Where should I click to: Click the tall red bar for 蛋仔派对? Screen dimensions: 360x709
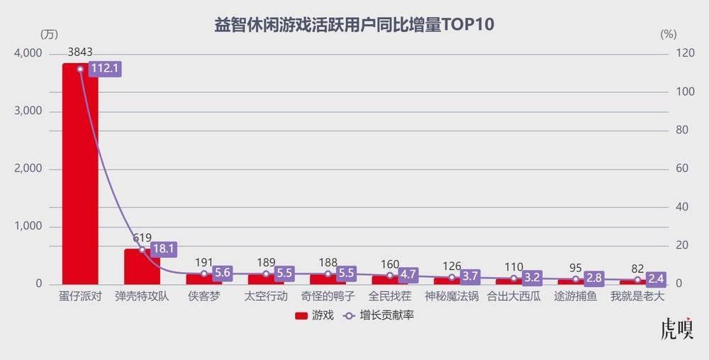pos(80,174)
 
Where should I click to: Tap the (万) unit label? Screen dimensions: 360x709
pos(49,34)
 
